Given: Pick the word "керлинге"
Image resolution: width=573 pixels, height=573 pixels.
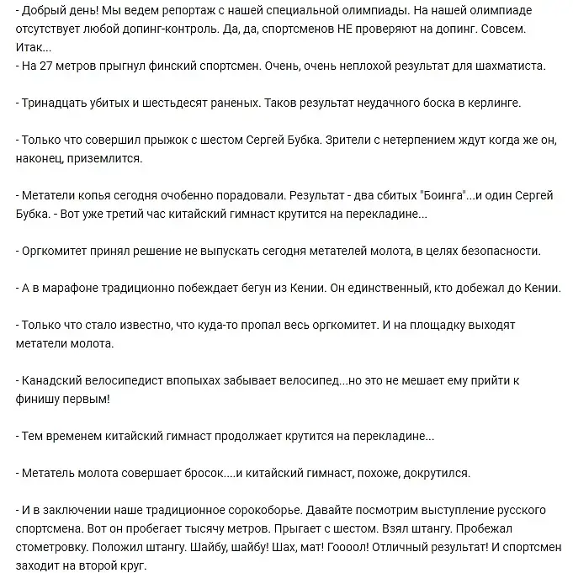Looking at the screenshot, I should click(494, 102).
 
